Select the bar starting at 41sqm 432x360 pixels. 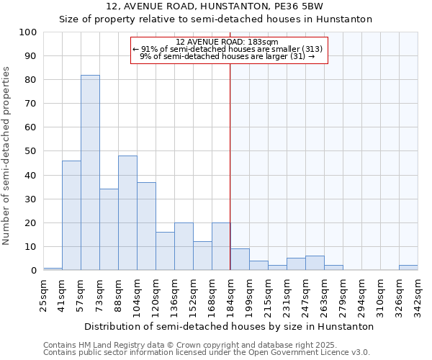[x=71, y=215]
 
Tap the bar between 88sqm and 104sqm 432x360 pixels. [x=127, y=213]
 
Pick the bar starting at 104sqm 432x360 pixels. [x=146, y=226]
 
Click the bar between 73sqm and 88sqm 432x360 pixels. [x=109, y=230]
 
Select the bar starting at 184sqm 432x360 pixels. [x=240, y=260]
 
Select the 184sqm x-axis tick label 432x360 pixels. [x=231, y=294]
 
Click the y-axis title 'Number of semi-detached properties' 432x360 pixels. [x=7, y=155]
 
